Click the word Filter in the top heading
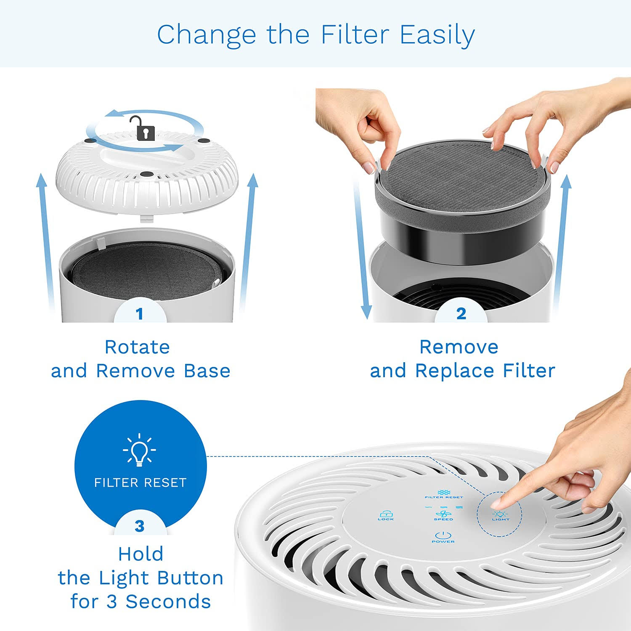355,34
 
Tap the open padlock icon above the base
143,128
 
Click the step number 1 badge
140,314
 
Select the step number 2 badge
461,314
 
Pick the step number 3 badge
140,526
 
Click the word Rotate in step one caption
137,347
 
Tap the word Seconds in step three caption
168,602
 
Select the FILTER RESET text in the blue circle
140,483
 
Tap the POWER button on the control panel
443,537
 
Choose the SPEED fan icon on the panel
443,515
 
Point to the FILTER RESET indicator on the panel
444,494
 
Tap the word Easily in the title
437,34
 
